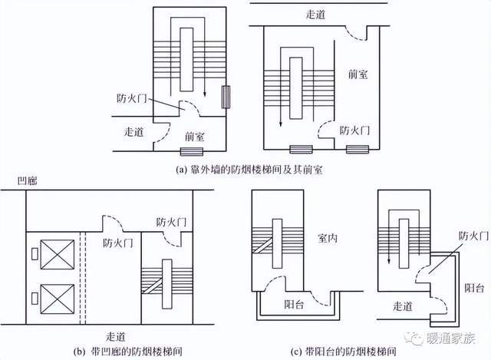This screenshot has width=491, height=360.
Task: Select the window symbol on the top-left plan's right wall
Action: point(225,97)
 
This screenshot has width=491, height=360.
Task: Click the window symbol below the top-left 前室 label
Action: point(189,153)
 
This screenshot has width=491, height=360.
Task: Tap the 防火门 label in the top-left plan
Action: point(127,98)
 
